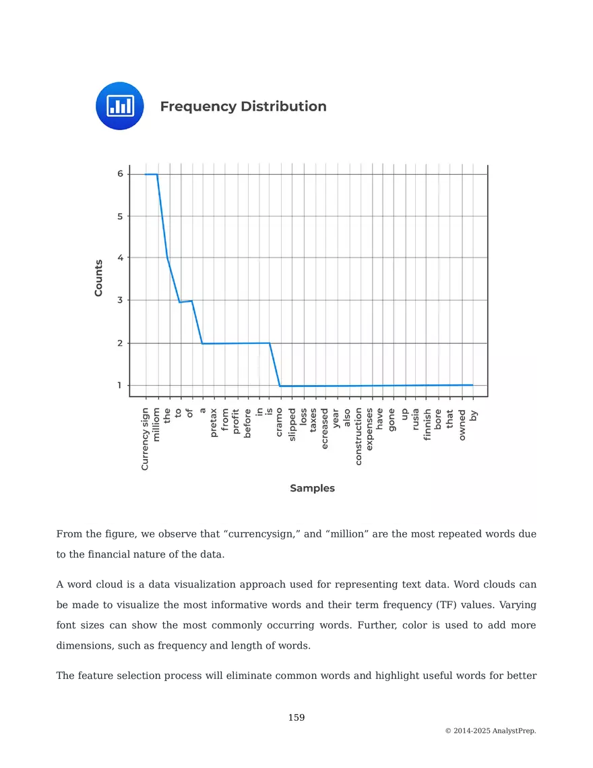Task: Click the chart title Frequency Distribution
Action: click(243, 107)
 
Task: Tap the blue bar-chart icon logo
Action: click(120, 106)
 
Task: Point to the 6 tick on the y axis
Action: click(120, 174)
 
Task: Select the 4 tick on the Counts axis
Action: click(120, 258)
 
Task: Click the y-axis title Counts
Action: click(99, 278)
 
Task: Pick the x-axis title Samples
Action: click(312, 488)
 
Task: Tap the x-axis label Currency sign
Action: click(145, 438)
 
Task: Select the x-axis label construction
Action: click(358, 436)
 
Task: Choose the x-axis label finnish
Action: click(427, 424)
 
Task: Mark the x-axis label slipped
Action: click(292, 424)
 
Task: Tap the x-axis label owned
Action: click(462, 423)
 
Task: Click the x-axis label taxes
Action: click(314, 420)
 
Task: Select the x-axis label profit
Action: click(236, 421)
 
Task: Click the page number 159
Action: click(296, 717)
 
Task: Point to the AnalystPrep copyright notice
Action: click(491, 731)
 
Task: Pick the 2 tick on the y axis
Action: click(120, 343)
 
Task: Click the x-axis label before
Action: click(247, 423)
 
